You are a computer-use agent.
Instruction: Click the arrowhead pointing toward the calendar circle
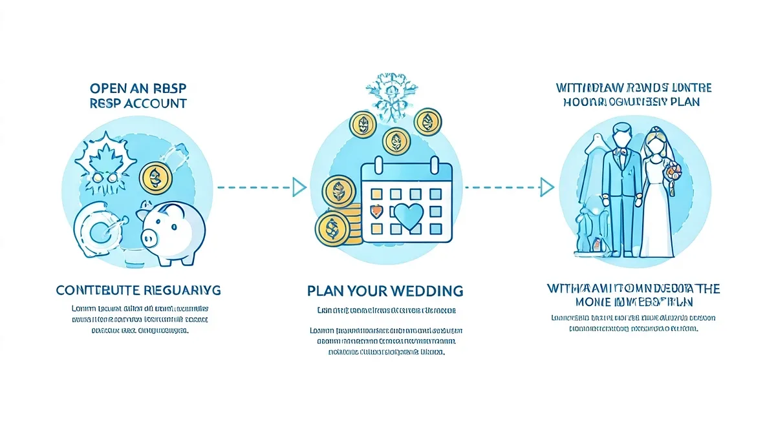(x=298, y=187)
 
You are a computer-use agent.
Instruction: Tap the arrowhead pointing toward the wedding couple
(x=547, y=187)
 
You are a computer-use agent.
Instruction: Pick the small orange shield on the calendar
(x=373, y=211)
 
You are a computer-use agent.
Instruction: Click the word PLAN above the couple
(x=682, y=102)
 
